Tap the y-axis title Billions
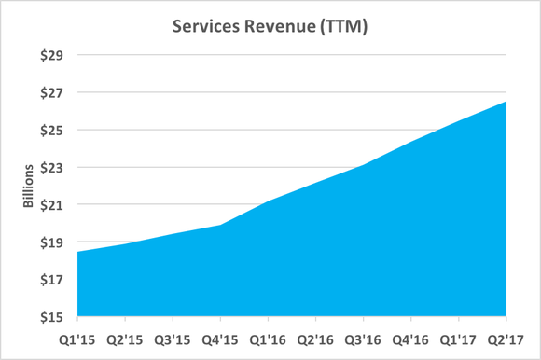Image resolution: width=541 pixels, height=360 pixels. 31,186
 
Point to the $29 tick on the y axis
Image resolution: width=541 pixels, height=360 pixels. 52,55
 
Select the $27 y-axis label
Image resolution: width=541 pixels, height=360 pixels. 52,92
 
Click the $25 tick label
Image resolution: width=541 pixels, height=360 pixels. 52,130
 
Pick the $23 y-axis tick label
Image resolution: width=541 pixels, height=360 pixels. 52,168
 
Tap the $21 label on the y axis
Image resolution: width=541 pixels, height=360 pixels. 52,205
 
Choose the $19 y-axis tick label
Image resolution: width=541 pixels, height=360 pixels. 52,242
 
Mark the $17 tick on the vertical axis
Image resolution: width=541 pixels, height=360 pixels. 52,280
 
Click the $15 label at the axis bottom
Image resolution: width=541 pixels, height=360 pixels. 52,317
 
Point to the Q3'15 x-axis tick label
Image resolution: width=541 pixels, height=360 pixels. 173,338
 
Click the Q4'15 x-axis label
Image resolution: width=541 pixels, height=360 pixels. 220,338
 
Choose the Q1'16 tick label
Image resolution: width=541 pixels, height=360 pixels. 268,338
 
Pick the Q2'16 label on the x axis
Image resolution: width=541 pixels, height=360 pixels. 316,338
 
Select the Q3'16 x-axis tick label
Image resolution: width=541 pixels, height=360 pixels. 364,338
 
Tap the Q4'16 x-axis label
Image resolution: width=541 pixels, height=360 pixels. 411,338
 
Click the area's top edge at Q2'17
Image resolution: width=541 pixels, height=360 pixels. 506,101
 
